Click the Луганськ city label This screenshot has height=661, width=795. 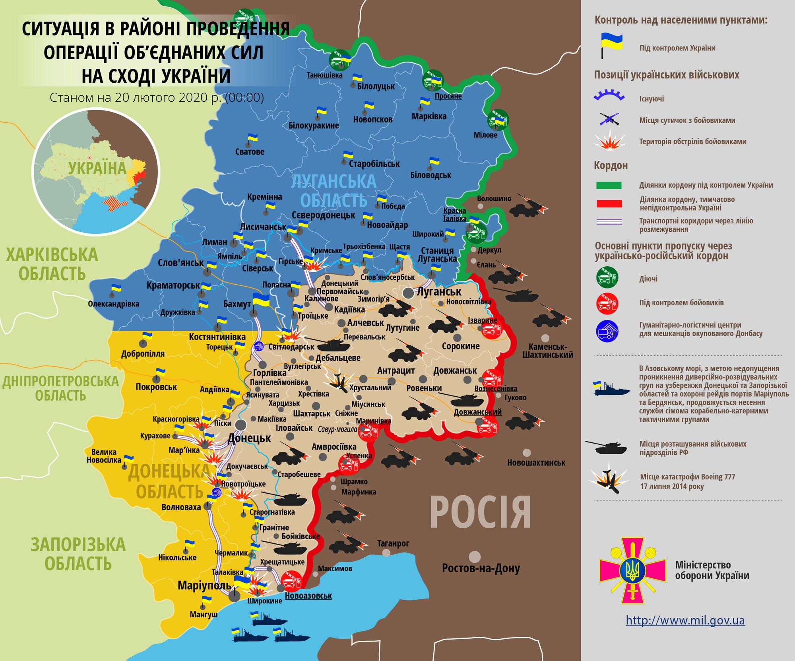coord(439,291)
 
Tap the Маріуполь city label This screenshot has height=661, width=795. coord(204,585)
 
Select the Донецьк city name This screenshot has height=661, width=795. coord(249,438)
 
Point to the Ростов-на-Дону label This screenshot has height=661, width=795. coord(481,568)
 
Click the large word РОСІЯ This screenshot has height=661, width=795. coord(480,513)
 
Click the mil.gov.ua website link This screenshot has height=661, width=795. coord(685,620)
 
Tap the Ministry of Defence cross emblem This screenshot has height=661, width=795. coord(632,571)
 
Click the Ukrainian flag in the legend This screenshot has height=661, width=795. coord(611,45)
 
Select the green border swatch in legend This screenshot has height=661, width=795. coord(609,185)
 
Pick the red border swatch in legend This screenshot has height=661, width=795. coord(609,204)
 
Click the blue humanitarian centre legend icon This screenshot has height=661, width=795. coord(607,331)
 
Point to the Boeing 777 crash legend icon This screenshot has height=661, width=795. coord(609,480)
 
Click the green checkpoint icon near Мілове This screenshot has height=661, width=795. coord(498,119)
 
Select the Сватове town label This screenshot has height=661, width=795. coord(250,152)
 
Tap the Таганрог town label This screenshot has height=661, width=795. coord(393,543)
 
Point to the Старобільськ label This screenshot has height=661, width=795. coord(374,164)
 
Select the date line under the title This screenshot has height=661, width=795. coord(157,97)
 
